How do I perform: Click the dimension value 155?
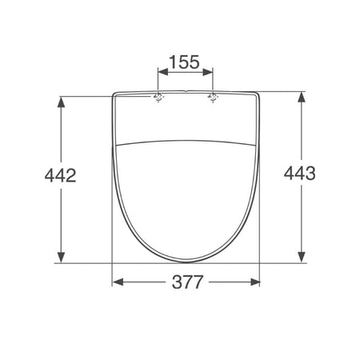pyautogui.click(x=185, y=62)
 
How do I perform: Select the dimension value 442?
pyautogui.click(x=60, y=175)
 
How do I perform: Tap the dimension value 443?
pyautogui.click(x=300, y=173)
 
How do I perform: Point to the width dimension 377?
pyautogui.click(x=187, y=282)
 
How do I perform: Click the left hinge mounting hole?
pyautogui.click(x=158, y=98)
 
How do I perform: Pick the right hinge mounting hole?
pyautogui.click(x=213, y=98)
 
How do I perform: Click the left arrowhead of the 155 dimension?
pyautogui.click(x=163, y=72)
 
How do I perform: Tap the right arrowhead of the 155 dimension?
pyautogui.click(x=208, y=72)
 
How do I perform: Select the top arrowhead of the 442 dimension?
pyautogui.click(x=62, y=102)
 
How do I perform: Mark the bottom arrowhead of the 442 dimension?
pyautogui.click(x=62, y=258)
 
